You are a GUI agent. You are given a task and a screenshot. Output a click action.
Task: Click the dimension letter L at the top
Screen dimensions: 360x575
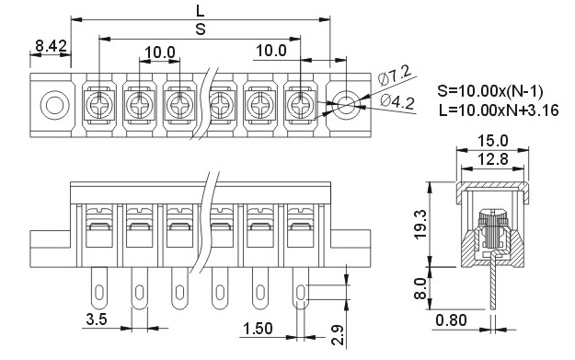point(201,10)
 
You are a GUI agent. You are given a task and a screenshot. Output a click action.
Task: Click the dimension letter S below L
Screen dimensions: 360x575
point(201,29)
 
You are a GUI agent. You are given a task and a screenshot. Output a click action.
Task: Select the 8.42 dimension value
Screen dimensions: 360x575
point(51,45)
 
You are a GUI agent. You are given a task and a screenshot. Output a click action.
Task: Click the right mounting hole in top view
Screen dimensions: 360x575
point(347,104)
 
